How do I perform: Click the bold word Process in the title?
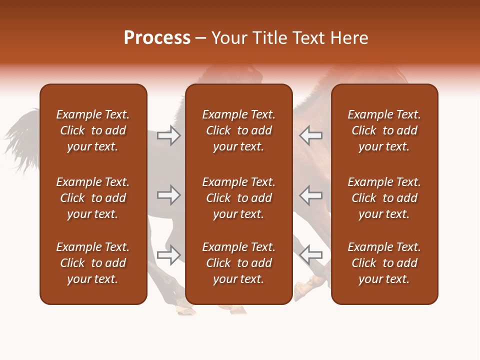(157, 38)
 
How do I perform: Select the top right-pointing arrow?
(169, 135)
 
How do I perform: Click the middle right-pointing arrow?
(169, 194)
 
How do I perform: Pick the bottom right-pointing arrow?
(169, 254)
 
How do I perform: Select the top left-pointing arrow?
(311, 135)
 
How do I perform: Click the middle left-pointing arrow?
(311, 194)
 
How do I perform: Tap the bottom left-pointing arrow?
(311, 254)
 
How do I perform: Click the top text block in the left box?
(93, 130)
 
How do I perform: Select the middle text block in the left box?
(93, 198)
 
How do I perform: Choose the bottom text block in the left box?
(93, 263)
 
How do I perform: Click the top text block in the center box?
(238, 130)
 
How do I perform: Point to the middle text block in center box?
(238, 198)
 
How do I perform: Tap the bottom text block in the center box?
(238, 263)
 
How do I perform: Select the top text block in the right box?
(384, 130)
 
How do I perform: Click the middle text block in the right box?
(384, 198)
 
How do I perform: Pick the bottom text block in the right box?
(384, 263)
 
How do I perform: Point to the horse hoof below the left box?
(185, 310)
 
